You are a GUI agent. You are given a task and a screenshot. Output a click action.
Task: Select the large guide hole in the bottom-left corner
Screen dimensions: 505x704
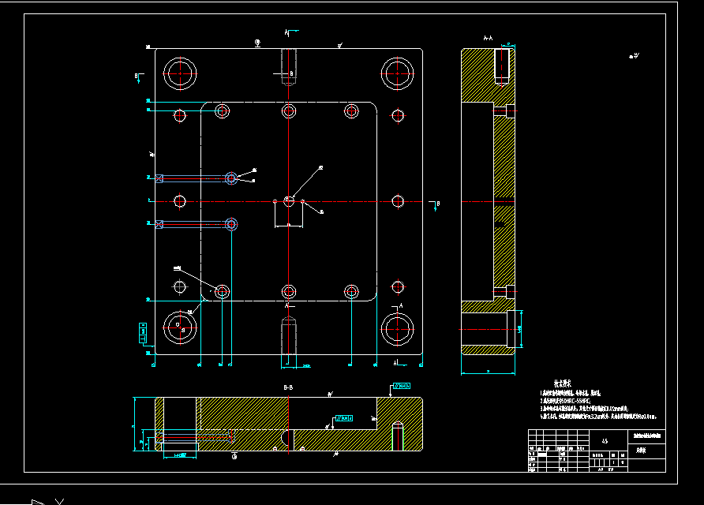click(181, 328)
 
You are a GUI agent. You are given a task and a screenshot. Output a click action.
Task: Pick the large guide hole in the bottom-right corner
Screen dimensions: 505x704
click(398, 328)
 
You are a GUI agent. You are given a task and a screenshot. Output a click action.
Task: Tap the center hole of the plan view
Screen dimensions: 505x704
click(289, 201)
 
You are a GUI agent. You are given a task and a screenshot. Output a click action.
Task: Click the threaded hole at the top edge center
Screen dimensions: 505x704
click(289, 66)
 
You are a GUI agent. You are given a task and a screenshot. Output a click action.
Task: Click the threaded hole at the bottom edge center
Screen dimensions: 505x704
click(289, 337)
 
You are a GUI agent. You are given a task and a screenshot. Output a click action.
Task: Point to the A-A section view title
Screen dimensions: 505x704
click(488, 38)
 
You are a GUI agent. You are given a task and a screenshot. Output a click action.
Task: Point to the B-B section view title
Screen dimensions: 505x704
click(288, 389)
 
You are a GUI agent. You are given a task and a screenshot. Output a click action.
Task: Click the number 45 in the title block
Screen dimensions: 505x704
click(605, 442)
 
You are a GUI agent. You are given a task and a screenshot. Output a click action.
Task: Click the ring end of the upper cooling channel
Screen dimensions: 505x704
click(231, 178)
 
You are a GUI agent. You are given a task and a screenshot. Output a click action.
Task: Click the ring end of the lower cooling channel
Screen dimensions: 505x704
click(231, 224)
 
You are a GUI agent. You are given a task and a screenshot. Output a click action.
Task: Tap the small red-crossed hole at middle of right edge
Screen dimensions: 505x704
click(399, 201)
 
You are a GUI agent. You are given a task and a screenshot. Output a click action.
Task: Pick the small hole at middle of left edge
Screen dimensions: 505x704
click(180, 201)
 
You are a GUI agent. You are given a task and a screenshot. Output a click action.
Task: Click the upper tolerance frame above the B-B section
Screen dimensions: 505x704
click(401, 387)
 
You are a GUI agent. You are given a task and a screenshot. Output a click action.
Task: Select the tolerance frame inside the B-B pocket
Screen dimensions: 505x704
click(344, 417)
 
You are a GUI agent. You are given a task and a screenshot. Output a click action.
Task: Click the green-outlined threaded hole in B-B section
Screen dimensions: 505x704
click(399, 436)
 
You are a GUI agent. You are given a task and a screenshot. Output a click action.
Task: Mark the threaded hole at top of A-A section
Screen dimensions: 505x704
click(502, 65)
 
